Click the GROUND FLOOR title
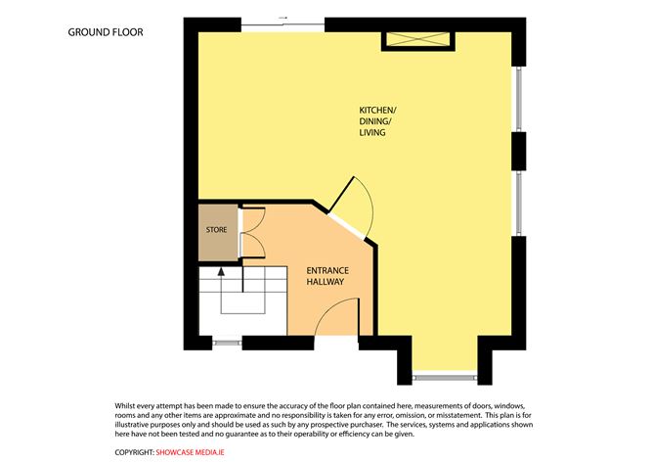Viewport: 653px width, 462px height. pyautogui.click(x=106, y=32)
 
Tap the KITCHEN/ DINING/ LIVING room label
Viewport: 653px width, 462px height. pyautogui.click(x=377, y=121)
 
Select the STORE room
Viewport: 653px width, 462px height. pyautogui.click(x=218, y=233)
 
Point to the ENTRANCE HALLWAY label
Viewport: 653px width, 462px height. pyautogui.click(x=327, y=276)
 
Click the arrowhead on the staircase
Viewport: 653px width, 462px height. pyautogui.click(x=221, y=271)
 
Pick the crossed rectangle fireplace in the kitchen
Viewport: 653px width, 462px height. pyautogui.click(x=418, y=39)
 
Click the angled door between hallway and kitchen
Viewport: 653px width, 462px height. pyautogui.click(x=350, y=208)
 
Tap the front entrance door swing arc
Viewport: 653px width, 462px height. pyautogui.click(x=336, y=316)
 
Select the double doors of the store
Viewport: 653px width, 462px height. pyautogui.click(x=252, y=232)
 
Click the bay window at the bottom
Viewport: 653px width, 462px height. pyautogui.click(x=445, y=378)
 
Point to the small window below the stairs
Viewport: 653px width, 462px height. pyautogui.click(x=227, y=344)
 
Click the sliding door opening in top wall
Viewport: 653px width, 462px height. pyautogui.click(x=283, y=25)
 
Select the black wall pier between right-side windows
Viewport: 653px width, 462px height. pyautogui.click(x=518, y=152)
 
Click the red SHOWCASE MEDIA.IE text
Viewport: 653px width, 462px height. pyautogui.click(x=190, y=452)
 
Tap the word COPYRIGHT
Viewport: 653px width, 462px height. pyautogui.click(x=135, y=452)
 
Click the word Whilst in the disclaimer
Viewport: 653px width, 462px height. pyautogui.click(x=124, y=405)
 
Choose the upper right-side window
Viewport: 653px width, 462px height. pyautogui.click(x=519, y=99)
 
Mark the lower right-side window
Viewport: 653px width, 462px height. pyautogui.click(x=519, y=203)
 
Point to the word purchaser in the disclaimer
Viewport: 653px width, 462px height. pyautogui.click(x=367, y=425)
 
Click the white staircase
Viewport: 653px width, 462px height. pyautogui.click(x=243, y=300)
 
